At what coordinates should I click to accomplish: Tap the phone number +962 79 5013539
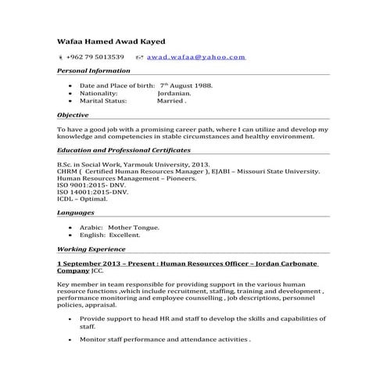coord(95,57)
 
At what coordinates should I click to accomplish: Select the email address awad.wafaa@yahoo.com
coord(196,57)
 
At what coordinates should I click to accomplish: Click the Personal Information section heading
coord(93,70)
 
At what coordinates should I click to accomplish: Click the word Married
coord(171,101)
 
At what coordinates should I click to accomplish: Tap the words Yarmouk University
coord(156,165)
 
